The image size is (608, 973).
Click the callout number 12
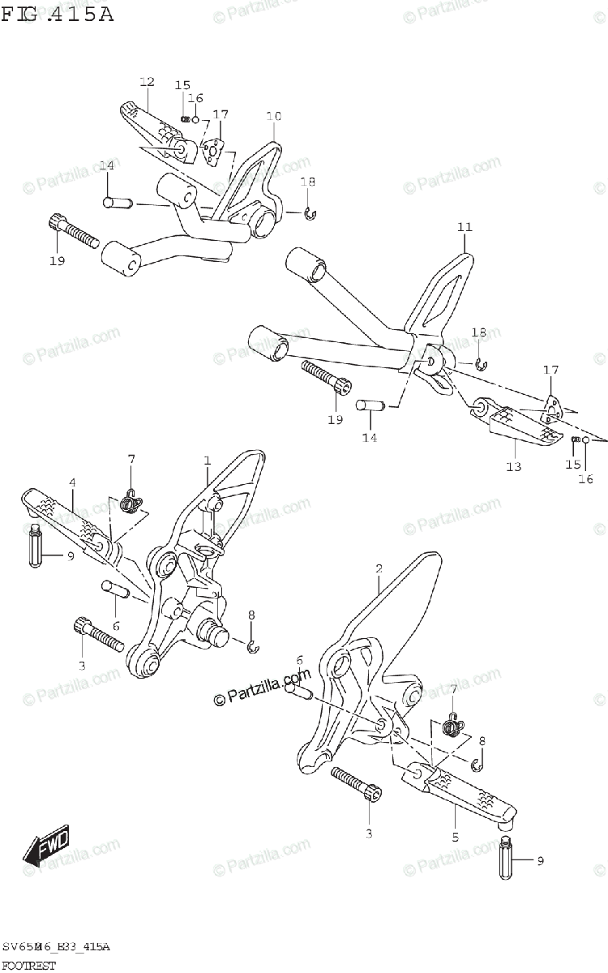pyautogui.click(x=147, y=81)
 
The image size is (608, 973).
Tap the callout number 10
pyautogui.click(x=273, y=117)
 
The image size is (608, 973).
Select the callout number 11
pyautogui.click(x=464, y=227)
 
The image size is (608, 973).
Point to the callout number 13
pyautogui.click(x=514, y=466)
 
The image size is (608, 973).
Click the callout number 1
pyautogui.click(x=207, y=461)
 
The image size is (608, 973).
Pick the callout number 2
pyautogui.click(x=379, y=568)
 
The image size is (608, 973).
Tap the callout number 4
pyautogui.click(x=72, y=482)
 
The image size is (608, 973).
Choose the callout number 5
pyautogui.click(x=455, y=837)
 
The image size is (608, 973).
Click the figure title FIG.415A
pyautogui.click(x=57, y=14)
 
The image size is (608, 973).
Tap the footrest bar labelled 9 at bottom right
pyautogui.click(x=506, y=859)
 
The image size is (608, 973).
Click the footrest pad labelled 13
pyautogui.click(x=523, y=430)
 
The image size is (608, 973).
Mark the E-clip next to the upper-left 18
pyautogui.click(x=310, y=213)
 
